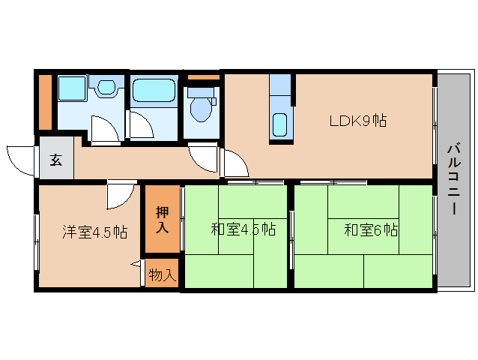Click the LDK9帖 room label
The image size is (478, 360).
[358, 121]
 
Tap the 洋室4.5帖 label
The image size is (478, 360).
[95, 232]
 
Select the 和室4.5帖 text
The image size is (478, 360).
[243, 229]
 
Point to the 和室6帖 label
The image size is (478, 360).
[371, 230]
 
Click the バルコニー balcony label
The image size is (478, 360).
[454, 178]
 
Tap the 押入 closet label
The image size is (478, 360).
[162, 220]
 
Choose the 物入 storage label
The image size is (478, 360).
[163, 275]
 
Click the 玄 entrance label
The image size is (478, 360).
[56, 160]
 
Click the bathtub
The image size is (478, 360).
[154, 91]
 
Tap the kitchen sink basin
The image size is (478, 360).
[279, 124]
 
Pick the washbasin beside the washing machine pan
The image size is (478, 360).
[106, 87]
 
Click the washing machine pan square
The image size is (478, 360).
[72, 88]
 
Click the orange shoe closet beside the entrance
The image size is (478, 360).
[45, 102]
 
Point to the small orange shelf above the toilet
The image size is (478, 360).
[204, 77]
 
